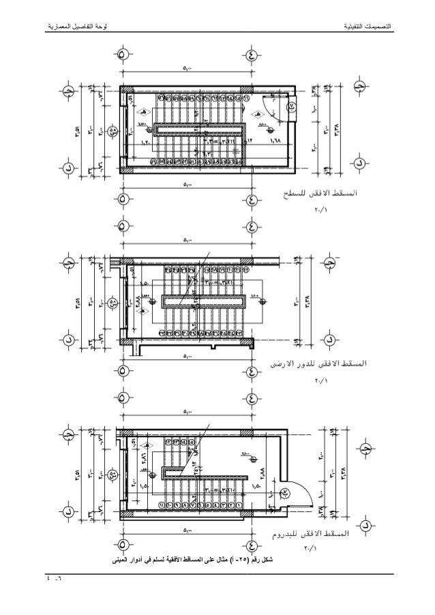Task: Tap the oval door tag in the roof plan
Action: pyautogui.click(x=290, y=106)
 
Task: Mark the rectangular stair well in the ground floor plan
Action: pyautogui.click(x=203, y=299)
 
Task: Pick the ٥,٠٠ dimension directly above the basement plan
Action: pyautogui.click(x=187, y=412)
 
